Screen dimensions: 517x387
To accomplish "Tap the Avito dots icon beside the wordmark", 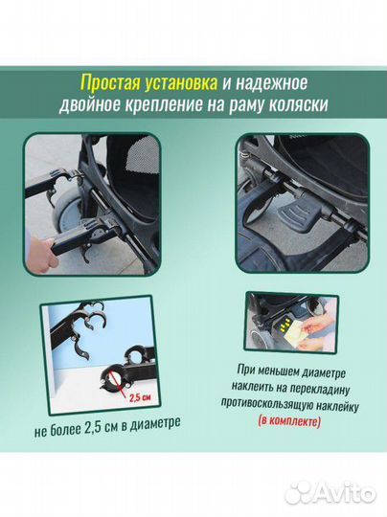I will [x=298, y=492].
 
